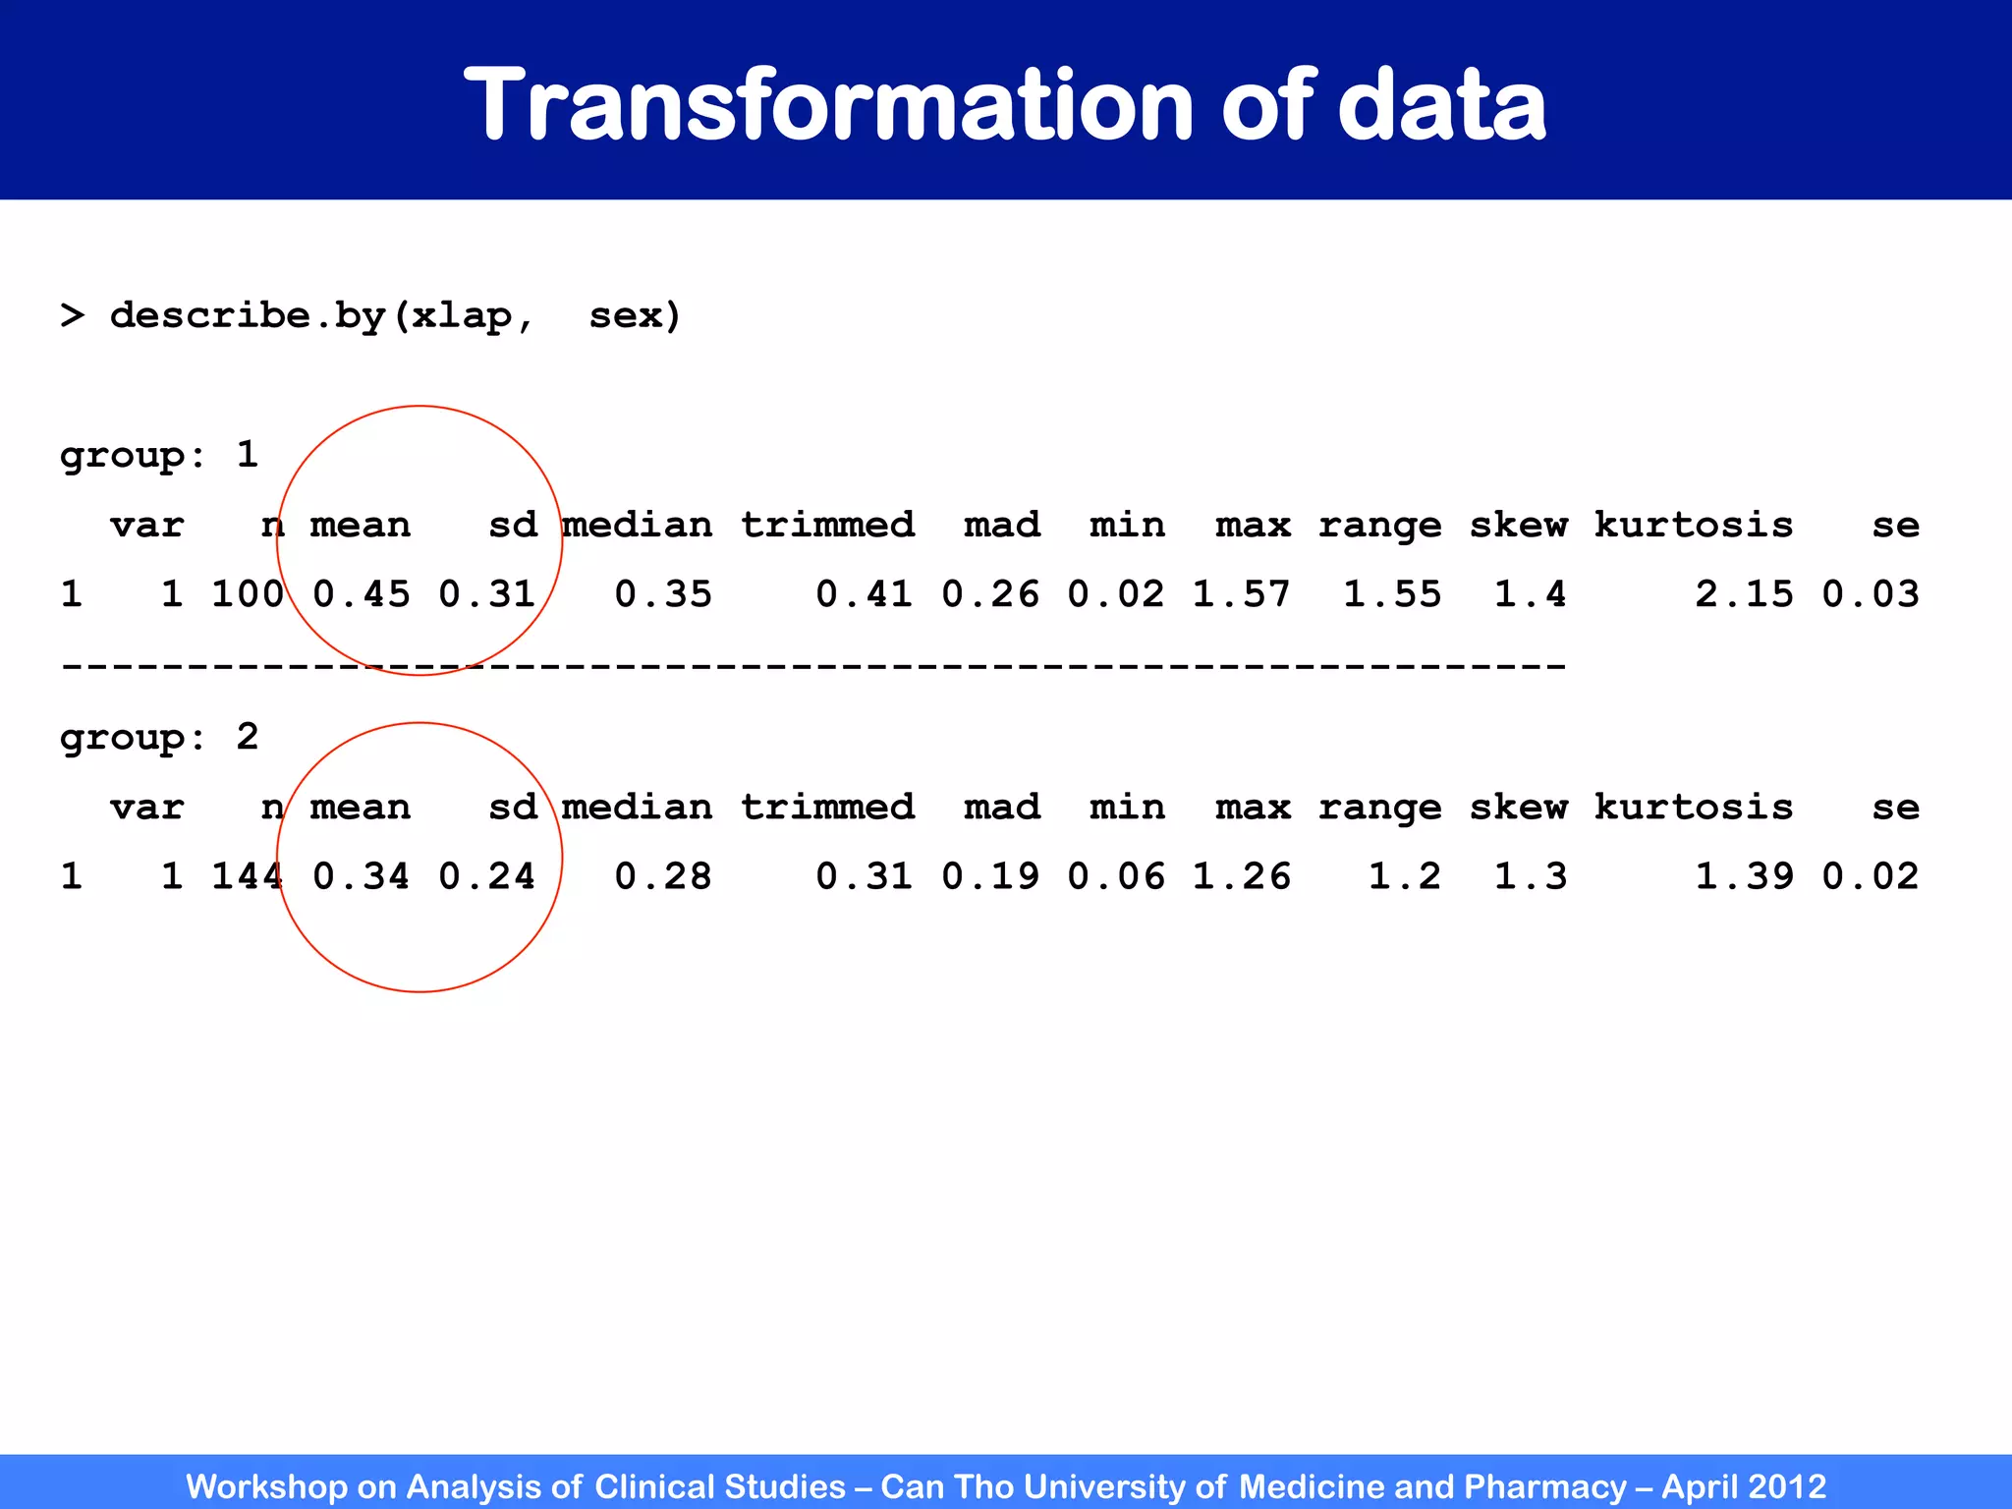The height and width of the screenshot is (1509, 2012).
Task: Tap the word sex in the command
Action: point(634,316)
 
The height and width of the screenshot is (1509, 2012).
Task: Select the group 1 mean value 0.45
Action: point(362,594)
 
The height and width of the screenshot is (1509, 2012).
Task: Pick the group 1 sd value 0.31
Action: point(487,594)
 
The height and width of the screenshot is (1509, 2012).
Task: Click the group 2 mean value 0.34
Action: point(362,876)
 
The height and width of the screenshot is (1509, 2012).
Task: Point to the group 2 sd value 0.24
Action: point(487,876)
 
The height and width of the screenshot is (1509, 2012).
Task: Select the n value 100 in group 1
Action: point(248,594)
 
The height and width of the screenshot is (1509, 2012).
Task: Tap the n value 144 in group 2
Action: point(248,876)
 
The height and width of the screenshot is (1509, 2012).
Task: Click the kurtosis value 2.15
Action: point(1744,594)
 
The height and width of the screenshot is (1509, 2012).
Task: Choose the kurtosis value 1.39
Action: point(1744,876)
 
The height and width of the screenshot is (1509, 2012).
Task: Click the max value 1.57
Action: point(1242,594)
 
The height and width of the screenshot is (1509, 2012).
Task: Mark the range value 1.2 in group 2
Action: point(1405,876)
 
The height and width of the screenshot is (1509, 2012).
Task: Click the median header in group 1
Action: point(638,526)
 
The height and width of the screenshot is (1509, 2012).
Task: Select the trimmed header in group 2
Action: point(827,808)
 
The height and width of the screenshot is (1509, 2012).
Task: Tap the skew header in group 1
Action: point(1519,526)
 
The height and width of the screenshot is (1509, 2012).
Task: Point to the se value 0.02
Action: point(1871,876)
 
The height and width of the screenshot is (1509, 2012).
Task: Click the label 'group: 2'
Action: point(159,738)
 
